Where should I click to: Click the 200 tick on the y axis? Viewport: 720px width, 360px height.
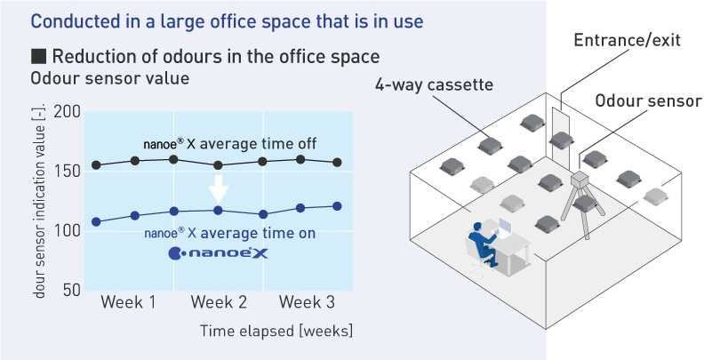67,112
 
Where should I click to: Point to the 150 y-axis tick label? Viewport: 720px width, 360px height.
67,172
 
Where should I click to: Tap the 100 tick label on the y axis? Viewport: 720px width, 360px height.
67,231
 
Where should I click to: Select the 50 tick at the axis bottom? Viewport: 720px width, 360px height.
71,291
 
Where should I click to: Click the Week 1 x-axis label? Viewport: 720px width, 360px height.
128,302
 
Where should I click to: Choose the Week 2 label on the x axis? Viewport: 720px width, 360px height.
219,302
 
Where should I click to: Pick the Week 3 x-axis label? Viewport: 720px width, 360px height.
308,302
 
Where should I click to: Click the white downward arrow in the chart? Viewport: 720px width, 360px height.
219,188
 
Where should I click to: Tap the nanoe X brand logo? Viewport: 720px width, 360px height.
218,253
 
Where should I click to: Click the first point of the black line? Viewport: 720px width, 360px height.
96,164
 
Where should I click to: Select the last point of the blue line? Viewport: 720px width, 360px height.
337,206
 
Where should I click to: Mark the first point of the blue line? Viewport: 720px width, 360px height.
96,222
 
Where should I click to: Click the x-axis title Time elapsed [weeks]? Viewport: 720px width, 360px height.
276,331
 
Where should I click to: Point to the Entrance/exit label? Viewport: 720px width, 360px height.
627,40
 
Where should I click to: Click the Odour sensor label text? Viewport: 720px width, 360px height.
649,100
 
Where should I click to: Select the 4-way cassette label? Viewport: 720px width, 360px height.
434,84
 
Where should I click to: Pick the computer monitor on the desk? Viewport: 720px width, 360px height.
505,226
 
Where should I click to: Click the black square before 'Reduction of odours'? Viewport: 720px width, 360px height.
37,57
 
